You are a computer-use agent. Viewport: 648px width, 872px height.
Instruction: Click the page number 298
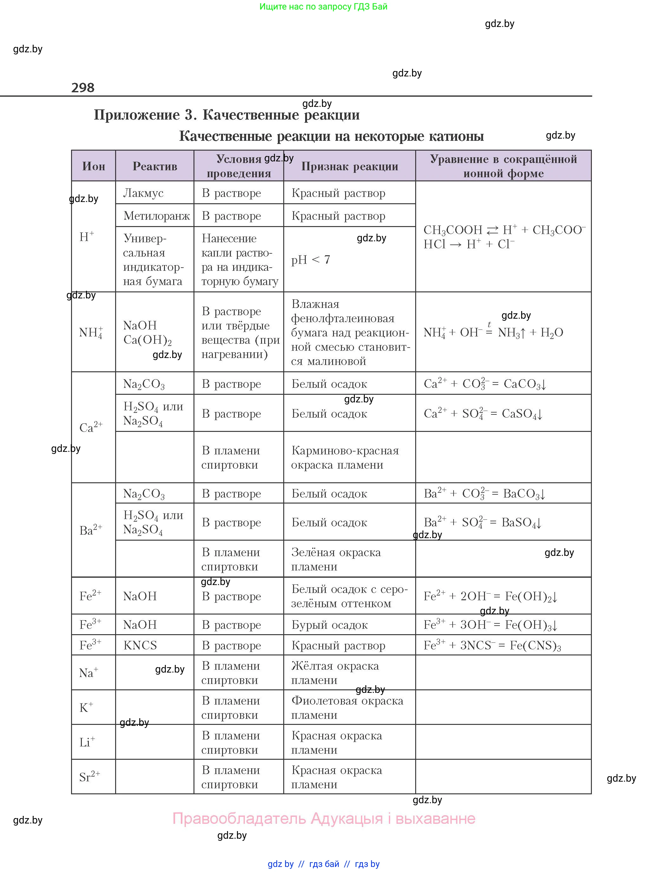click(83, 88)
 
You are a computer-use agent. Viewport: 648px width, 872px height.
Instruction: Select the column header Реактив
click(154, 166)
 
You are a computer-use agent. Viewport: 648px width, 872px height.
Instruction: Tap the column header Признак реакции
click(350, 166)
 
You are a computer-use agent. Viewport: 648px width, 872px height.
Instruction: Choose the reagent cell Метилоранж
click(156, 216)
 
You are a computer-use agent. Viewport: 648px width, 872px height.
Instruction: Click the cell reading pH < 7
click(310, 260)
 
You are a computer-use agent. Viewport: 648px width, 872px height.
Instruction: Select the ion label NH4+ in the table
click(91, 333)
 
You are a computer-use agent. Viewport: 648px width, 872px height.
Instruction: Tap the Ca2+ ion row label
click(91, 427)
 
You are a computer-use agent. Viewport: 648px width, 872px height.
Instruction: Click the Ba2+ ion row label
click(91, 530)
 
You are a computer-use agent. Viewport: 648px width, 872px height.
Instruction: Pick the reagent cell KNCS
click(140, 645)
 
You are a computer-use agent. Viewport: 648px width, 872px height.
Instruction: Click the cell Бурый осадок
click(330, 625)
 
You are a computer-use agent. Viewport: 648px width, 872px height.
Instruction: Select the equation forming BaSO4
click(483, 522)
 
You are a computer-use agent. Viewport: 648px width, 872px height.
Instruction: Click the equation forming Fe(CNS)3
click(492, 645)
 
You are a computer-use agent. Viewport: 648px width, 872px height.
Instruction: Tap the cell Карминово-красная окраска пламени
click(345, 458)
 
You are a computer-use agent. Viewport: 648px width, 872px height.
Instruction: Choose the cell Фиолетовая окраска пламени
click(347, 708)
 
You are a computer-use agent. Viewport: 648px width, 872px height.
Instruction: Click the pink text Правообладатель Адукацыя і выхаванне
click(324, 818)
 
